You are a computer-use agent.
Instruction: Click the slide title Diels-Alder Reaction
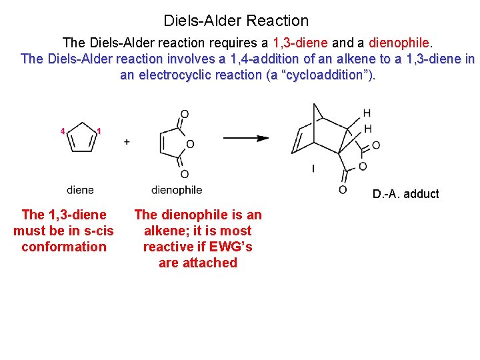(236, 21)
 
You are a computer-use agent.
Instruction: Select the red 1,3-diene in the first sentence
(300, 43)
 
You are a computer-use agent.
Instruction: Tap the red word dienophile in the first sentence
(397, 43)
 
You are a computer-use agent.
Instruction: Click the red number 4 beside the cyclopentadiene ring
(62, 131)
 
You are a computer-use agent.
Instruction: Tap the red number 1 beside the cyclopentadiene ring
(99, 131)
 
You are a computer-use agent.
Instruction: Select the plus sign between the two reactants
(127, 142)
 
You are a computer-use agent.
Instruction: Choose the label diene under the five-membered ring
(81, 190)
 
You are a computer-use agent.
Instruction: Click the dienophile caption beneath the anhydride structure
(177, 190)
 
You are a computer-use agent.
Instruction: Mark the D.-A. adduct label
(405, 194)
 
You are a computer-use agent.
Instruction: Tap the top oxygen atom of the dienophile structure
(185, 114)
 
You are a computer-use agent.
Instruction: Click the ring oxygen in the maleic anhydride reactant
(190, 144)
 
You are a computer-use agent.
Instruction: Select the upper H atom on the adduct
(367, 113)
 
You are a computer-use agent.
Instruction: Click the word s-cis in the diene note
(97, 231)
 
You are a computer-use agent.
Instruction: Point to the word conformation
(64, 247)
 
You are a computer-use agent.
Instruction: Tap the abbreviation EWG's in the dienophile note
(231, 247)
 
